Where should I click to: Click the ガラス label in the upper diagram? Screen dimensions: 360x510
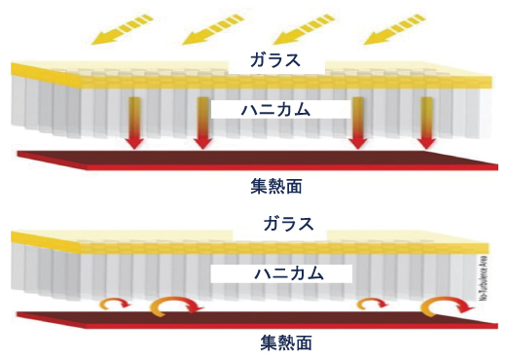(x=274, y=60)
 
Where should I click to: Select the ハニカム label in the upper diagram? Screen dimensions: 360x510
(x=275, y=110)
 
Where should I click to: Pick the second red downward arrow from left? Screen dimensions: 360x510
(x=202, y=122)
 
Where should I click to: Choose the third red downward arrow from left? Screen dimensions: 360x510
(x=358, y=122)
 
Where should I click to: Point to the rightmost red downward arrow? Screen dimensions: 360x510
(x=426, y=122)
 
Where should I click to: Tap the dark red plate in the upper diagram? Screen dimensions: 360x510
(x=253, y=159)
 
